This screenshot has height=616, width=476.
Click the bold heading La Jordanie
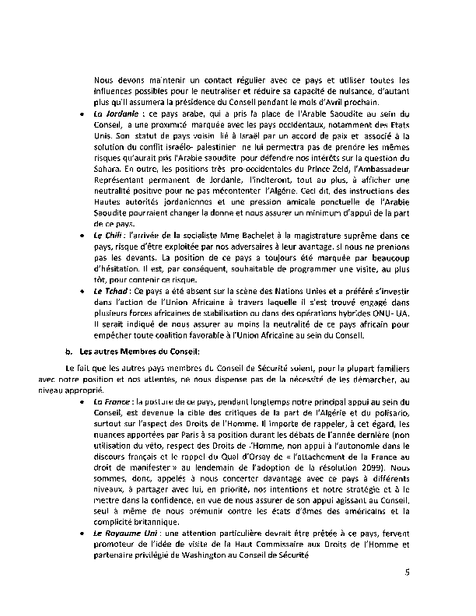pyautogui.click(x=113, y=114)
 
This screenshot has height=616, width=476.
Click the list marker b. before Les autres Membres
pyautogui.click(x=69, y=352)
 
